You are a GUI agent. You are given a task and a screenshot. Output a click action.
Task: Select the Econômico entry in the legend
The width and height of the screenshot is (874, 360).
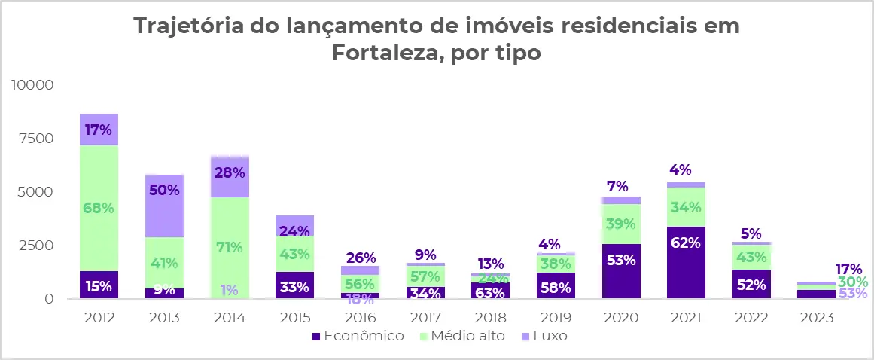[358, 336]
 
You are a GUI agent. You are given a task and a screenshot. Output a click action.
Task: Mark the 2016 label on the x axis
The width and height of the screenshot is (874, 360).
[359, 318]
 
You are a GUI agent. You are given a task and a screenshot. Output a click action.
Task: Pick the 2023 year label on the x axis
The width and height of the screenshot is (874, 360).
[817, 318]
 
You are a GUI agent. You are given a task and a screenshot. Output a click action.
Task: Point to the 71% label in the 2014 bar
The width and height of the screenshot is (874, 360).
[230, 247]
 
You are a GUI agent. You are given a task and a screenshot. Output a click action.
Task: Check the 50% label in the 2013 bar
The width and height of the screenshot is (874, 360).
[164, 190]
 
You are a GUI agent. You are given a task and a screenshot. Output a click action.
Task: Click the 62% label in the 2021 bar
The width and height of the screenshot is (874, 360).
[686, 243]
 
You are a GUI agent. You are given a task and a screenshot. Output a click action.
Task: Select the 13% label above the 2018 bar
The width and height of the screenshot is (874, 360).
[490, 264]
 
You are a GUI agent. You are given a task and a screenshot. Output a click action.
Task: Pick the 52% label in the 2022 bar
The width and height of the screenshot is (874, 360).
[751, 285]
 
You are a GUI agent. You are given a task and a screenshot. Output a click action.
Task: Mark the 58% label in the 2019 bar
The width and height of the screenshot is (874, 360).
[556, 287]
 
